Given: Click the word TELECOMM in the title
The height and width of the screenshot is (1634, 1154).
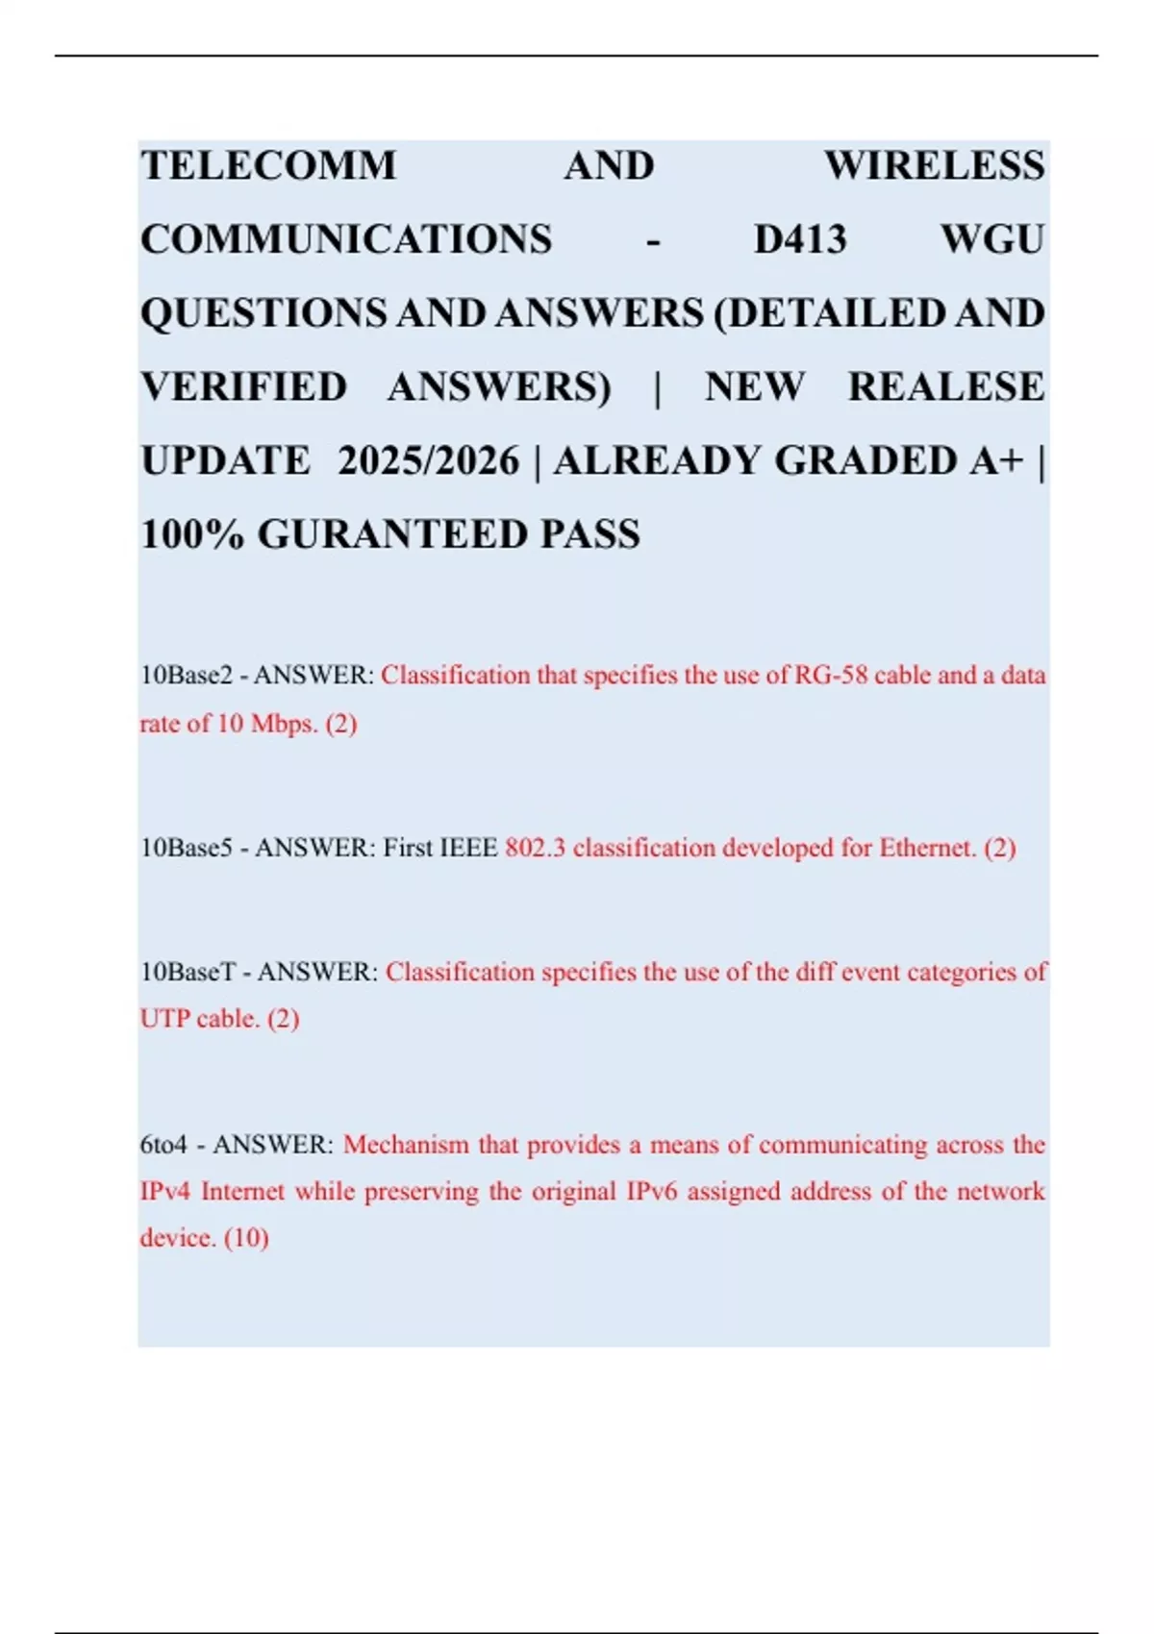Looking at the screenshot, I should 268,166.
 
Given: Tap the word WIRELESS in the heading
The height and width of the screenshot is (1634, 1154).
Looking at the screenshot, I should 934,166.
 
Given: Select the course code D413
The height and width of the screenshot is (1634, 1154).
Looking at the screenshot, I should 800,239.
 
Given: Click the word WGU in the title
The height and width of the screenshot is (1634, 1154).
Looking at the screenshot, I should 992,239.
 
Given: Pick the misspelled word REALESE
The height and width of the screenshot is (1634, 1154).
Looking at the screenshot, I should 945,386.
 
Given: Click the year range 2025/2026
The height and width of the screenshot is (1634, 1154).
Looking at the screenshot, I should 428,461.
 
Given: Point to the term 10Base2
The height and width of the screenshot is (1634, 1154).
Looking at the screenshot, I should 187,676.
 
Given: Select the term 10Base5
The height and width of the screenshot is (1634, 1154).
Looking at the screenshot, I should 187,848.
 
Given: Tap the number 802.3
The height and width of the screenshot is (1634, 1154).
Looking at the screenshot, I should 535,848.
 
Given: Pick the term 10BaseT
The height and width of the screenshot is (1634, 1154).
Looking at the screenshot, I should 188,972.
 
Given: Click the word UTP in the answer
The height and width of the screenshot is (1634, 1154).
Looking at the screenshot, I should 164,1018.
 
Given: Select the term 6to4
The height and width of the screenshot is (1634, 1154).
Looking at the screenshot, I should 163,1145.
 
